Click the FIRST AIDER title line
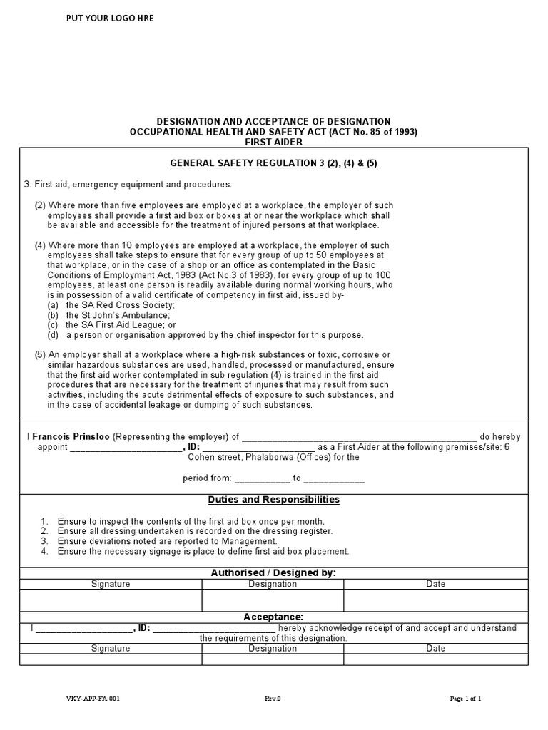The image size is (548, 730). [x=273, y=142]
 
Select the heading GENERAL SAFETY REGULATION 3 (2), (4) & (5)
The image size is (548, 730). [x=273, y=163]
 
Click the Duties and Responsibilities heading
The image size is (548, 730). [x=273, y=500]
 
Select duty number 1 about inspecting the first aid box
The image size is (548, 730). [x=191, y=521]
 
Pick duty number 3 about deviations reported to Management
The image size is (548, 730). [x=167, y=541]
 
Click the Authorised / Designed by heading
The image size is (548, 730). [x=273, y=573]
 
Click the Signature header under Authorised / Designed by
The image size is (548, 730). [x=111, y=584]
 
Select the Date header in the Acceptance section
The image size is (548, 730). [x=435, y=649]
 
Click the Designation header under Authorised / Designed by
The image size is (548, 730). [x=273, y=584]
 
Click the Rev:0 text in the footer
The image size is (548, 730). [x=273, y=699]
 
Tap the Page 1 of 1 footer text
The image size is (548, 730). [x=465, y=699]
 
